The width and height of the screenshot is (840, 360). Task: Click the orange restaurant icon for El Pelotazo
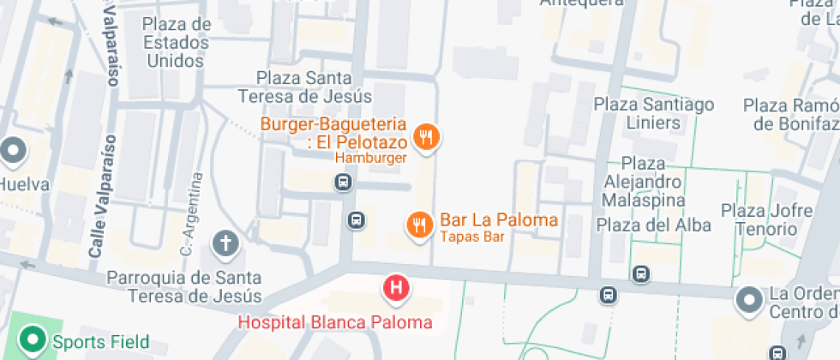point(426,136)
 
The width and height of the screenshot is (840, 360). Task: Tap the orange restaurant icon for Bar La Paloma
point(418,225)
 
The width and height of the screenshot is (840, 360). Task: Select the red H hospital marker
point(396,288)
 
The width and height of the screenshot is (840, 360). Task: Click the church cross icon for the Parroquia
point(226,244)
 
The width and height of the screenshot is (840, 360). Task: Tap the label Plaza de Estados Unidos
point(177,42)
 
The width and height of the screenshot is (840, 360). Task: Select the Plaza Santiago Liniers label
point(654,113)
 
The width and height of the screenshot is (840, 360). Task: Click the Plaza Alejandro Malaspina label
point(643,181)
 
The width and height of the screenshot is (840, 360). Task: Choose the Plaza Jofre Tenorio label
point(766,219)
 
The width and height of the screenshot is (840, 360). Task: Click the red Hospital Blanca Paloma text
point(334,323)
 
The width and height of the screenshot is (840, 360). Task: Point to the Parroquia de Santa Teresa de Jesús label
point(184,287)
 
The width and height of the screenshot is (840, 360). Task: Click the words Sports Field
point(100,342)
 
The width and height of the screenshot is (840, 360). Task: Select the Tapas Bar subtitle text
point(471,237)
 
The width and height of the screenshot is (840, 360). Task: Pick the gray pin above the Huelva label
point(13,153)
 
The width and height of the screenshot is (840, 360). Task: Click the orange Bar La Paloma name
point(499,219)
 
